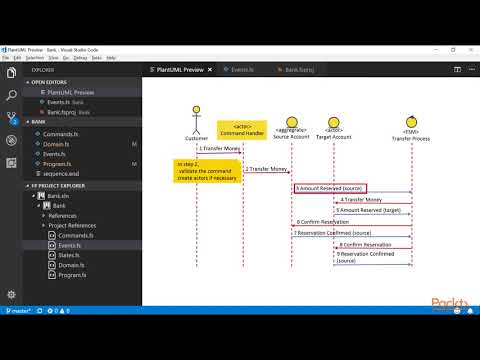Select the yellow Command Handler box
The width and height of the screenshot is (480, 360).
click(236, 129)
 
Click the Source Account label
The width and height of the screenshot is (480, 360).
click(290, 136)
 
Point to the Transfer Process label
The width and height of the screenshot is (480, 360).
click(409, 136)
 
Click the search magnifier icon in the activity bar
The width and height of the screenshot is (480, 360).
click(11, 96)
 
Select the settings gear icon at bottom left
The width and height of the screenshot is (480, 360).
click(11, 295)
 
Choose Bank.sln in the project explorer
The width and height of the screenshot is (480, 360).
click(62, 196)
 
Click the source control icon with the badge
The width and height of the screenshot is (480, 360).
click(11, 120)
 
